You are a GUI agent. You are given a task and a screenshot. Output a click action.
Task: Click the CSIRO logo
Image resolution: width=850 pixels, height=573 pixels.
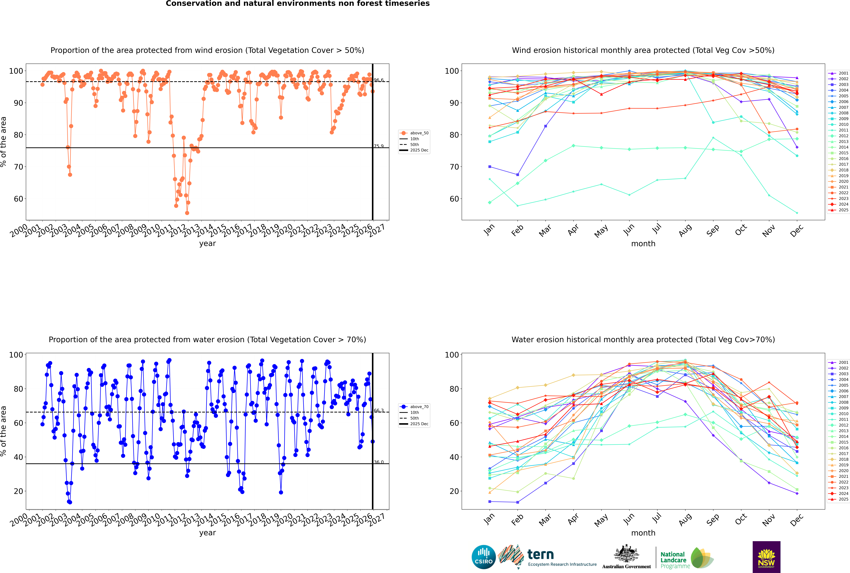click(x=483, y=557)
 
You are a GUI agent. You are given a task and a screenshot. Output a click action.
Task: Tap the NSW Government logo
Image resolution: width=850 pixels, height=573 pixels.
click(x=766, y=557)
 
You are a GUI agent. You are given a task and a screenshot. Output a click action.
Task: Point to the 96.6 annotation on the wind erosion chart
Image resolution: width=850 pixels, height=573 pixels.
click(x=379, y=80)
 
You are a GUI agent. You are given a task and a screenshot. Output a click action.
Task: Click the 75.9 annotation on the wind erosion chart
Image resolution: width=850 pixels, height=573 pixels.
click(x=379, y=146)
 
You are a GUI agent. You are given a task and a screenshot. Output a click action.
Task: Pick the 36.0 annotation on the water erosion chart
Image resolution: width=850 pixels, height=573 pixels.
click(x=379, y=462)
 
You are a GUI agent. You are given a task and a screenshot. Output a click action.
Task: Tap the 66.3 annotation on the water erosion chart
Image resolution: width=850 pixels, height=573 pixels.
click(x=379, y=411)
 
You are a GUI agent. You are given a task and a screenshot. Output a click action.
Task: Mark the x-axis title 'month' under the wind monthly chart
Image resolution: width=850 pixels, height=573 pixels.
click(x=643, y=244)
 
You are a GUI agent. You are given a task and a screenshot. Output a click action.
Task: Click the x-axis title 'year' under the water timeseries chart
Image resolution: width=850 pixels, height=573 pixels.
click(x=208, y=533)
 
